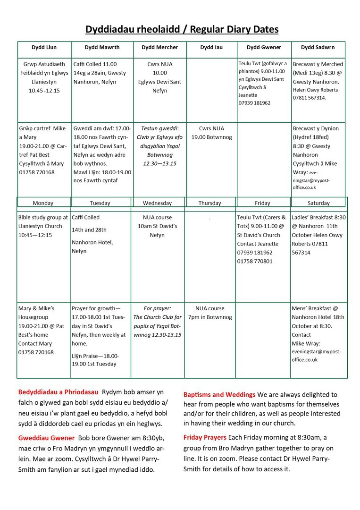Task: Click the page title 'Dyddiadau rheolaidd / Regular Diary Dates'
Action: point(182,30)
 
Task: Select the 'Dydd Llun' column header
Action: point(44,48)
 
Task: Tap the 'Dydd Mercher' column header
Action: point(159,48)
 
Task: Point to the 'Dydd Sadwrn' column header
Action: point(318,48)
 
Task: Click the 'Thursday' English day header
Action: point(209,203)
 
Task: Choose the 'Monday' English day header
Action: point(43,203)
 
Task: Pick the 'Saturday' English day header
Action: point(318,203)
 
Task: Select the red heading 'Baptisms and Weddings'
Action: point(219,394)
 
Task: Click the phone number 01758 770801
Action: point(255,261)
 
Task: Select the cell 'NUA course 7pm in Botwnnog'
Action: point(210,313)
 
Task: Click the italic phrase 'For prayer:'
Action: point(157,308)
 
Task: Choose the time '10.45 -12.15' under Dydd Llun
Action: point(44,91)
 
